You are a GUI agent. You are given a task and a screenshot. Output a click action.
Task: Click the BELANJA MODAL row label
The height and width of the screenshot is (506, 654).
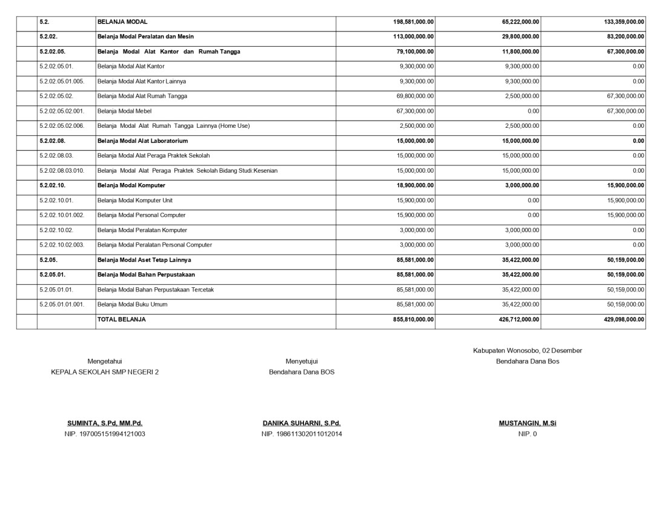(122, 22)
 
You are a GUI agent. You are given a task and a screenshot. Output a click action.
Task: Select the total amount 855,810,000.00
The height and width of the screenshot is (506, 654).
(413, 319)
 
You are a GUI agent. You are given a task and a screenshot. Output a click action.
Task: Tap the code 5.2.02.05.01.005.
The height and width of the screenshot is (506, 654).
(62, 81)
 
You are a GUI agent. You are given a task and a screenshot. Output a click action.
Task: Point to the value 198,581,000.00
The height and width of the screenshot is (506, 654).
(413, 22)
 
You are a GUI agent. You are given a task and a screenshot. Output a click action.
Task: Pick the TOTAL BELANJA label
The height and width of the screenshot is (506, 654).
(122, 319)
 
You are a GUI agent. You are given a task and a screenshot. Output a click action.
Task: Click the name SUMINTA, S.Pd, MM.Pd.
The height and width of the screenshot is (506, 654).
(105, 424)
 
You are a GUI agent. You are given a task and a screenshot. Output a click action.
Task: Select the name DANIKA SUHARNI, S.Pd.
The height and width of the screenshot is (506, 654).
(302, 424)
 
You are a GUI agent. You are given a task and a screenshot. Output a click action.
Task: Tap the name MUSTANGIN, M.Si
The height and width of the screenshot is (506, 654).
(527, 424)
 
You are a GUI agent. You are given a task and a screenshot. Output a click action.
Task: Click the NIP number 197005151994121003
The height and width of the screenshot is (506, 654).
(105, 434)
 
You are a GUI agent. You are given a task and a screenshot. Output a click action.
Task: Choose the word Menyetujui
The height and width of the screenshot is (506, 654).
(302, 361)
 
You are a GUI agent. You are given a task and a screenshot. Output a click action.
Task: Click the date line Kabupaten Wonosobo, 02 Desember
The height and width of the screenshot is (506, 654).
(527, 350)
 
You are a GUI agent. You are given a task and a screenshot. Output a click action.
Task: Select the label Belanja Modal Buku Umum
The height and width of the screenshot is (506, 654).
(133, 304)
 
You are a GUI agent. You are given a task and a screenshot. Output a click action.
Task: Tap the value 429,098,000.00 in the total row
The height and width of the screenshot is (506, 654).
(624, 319)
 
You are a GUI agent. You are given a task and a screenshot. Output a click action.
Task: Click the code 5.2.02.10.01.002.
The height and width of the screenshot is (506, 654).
(62, 215)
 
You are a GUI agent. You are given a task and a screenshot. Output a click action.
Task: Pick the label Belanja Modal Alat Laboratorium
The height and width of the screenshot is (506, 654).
(142, 141)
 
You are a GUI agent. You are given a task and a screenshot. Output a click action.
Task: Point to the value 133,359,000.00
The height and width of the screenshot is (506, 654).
(624, 22)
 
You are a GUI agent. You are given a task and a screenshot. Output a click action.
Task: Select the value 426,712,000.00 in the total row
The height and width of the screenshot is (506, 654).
(519, 319)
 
